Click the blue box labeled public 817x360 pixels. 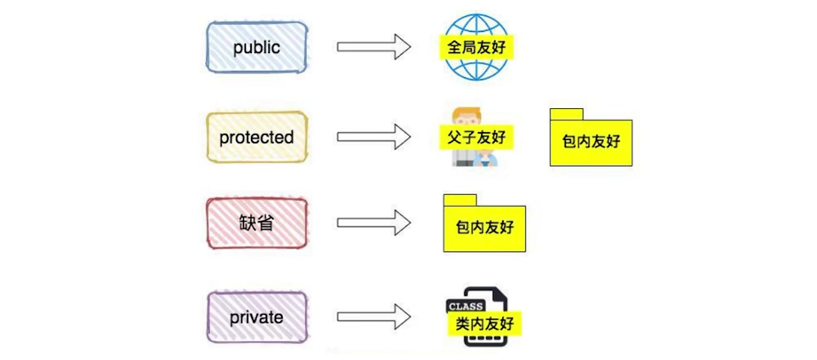[x=256, y=48]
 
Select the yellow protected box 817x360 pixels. [x=256, y=137]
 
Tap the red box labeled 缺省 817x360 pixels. [x=256, y=223]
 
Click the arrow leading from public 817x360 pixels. [x=373, y=48]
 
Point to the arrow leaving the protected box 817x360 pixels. [x=373, y=137]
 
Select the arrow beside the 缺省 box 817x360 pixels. [x=373, y=223]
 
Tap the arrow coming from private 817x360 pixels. [x=373, y=317]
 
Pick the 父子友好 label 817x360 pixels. [x=475, y=137]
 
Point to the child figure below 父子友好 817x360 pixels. [x=486, y=159]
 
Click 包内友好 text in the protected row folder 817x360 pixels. [x=592, y=141]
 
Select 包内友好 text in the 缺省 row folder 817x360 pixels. [x=483, y=227]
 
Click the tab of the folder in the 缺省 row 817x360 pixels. [x=460, y=200]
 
